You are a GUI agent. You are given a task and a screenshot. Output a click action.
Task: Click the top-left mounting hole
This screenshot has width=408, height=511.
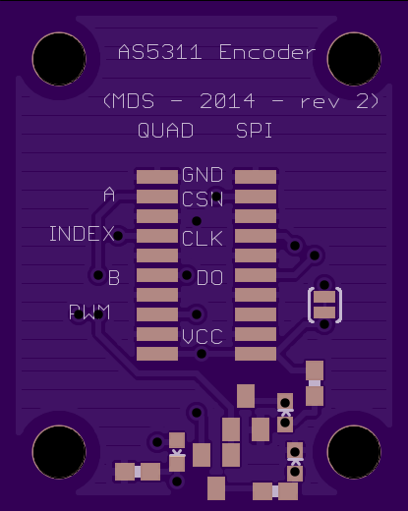59,59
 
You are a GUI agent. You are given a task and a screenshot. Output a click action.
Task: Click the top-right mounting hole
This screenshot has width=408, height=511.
354,59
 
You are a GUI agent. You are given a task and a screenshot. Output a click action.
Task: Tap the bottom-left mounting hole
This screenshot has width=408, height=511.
59,452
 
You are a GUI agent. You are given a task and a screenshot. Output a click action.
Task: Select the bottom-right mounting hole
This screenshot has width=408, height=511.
354,452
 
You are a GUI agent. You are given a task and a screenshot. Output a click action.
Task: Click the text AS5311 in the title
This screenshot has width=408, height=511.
159,52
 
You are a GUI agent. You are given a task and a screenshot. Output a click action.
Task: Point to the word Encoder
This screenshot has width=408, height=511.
267,52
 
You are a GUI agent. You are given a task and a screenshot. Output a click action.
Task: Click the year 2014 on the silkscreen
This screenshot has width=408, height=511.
227,101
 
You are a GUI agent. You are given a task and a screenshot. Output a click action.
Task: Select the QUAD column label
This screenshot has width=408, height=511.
165,131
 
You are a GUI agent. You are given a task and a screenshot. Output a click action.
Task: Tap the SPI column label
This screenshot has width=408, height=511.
254,131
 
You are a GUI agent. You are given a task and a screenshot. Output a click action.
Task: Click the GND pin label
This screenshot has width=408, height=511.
203,175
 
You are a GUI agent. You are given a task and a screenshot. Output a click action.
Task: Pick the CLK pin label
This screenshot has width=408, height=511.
203,238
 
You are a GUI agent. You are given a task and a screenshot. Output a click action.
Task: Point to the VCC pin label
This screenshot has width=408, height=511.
203,336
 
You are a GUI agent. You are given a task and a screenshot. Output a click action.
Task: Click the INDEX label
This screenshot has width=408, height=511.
82,234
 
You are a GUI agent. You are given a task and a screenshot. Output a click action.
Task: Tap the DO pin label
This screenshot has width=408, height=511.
209,278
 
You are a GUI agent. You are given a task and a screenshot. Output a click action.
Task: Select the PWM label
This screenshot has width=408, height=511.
89,312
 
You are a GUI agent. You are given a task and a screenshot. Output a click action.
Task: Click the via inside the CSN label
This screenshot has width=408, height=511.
216,197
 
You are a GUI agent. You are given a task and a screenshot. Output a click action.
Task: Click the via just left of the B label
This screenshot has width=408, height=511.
98,275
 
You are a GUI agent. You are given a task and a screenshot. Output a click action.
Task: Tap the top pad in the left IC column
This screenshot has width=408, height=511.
157,177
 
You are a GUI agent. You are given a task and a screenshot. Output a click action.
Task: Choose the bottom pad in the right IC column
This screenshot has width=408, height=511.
256,354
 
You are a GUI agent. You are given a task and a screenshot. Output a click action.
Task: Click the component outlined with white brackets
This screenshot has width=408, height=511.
324,305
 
